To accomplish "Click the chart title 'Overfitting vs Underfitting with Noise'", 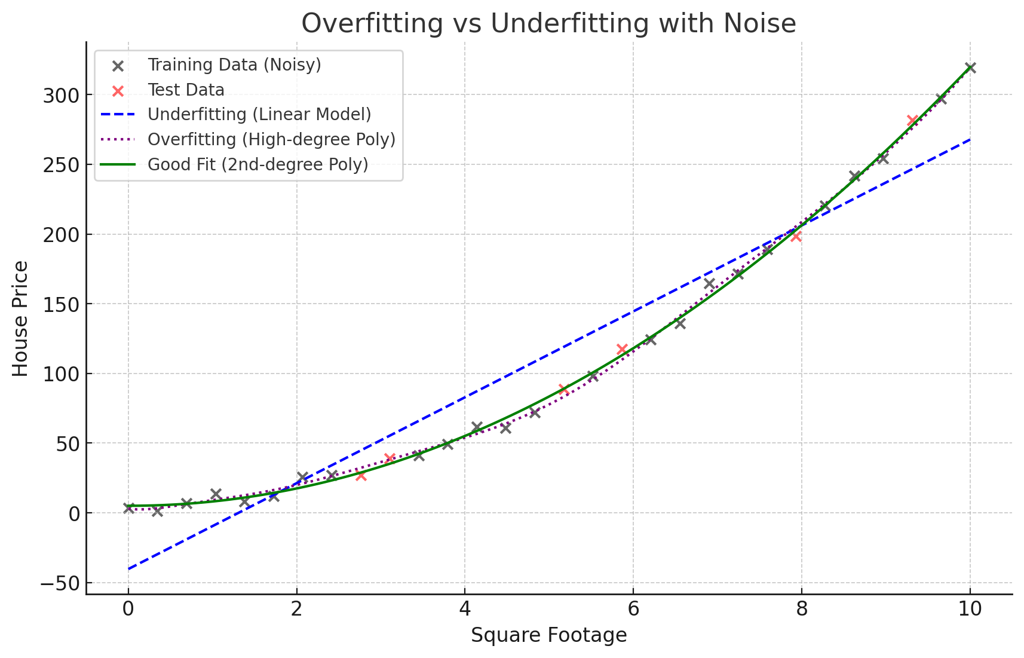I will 548,24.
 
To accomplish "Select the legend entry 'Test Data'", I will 186,90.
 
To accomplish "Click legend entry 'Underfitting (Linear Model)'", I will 259,115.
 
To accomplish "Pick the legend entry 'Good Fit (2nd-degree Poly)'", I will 257,164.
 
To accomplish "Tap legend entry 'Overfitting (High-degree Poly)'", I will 271,140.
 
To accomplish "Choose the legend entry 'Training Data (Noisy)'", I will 234,65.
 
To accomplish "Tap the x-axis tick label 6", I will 633,610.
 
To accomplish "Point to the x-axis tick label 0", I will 128,610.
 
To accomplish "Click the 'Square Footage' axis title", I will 548,635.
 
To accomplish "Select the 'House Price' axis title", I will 21,319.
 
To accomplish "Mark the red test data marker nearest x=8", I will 796,237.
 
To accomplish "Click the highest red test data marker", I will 912,121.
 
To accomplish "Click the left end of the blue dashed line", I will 128,568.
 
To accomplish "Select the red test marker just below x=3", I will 361,476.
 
